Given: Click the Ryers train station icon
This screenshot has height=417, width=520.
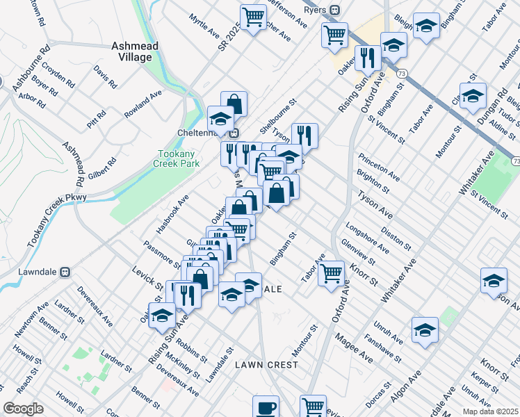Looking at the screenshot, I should point(334,10).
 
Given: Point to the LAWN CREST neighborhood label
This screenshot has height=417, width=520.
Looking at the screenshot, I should point(266,364).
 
